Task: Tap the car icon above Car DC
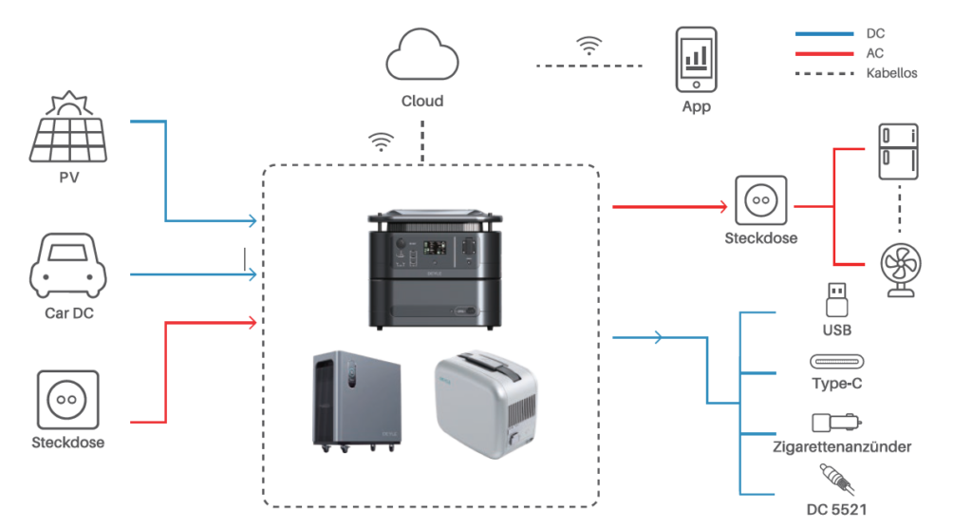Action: point(68,266)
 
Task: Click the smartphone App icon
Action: point(696,60)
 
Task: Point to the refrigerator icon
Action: point(898,152)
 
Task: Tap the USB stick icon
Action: point(837,300)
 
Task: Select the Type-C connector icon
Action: point(837,361)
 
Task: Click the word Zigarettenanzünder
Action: point(842,446)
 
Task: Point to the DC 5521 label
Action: point(836,510)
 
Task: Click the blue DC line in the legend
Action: point(825,33)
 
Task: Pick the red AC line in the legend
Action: point(825,54)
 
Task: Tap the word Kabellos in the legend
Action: point(891,73)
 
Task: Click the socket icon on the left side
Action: point(67,400)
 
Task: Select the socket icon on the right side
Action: point(760,200)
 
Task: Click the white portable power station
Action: point(486,404)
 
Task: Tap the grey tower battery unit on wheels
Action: point(357,401)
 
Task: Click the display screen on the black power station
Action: point(435,248)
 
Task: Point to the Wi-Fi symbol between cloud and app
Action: point(589,46)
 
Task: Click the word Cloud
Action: point(422,101)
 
